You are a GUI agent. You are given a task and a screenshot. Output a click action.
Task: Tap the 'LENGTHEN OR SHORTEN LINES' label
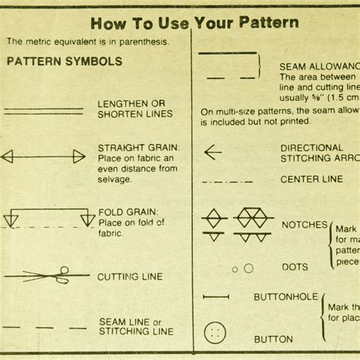(x=134, y=108)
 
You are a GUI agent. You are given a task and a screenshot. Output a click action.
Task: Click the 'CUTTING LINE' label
(x=130, y=277)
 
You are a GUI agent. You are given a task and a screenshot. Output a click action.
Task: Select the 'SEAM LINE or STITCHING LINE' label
(x=135, y=325)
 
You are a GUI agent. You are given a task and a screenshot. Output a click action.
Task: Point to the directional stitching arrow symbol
(x=213, y=152)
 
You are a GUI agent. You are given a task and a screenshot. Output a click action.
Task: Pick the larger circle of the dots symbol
(x=248, y=267)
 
